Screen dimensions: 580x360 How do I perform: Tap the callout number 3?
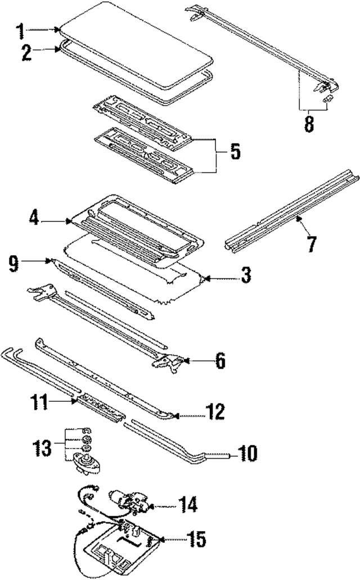coord(246,276)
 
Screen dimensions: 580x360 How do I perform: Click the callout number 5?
coord(235,152)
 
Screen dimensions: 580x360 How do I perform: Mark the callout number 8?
coord(309,124)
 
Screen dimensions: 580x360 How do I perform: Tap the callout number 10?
coord(248,453)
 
